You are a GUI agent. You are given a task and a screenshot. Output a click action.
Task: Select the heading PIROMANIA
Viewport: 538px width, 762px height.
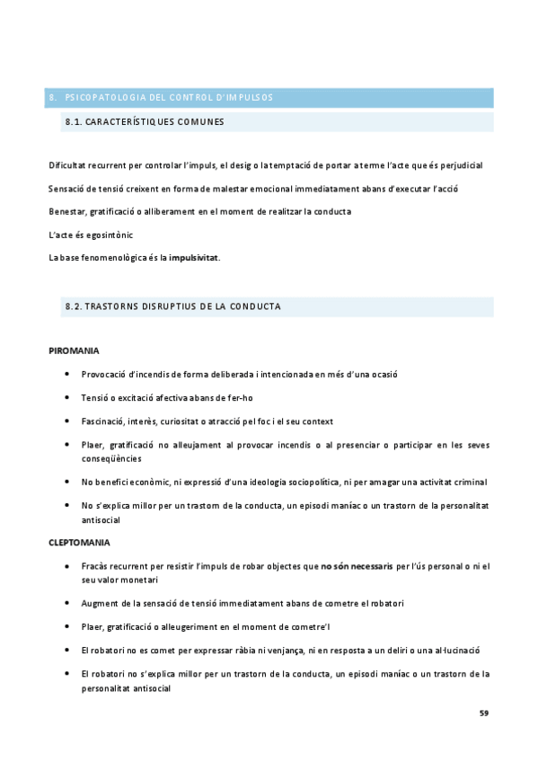[74, 350]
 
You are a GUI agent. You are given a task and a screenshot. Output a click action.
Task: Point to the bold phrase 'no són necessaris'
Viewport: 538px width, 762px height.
[357, 566]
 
